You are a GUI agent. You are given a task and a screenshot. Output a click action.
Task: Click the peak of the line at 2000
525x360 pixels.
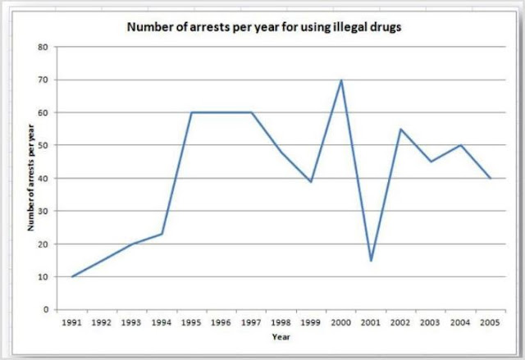click(x=341, y=80)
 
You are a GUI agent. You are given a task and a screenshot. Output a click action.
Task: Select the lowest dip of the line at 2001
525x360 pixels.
click(x=371, y=261)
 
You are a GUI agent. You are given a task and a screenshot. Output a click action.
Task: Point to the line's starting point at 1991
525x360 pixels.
click(x=72, y=276)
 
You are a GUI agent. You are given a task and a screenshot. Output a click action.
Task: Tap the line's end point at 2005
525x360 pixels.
click(x=491, y=178)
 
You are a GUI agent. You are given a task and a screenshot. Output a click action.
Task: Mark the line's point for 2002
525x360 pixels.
click(x=401, y=129)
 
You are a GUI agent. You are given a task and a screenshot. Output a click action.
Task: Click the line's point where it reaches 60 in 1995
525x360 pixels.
click(x=191, y=112)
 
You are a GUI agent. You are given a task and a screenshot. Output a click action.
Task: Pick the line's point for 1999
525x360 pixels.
click(x=311, y=181)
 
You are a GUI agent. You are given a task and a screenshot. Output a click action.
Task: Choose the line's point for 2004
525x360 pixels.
click(x=461, y=145)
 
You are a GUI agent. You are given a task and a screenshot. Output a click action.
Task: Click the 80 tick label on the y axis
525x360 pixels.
click(x=41, y=47)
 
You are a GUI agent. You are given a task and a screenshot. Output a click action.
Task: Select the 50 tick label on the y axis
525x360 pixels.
click(x=41, y=145)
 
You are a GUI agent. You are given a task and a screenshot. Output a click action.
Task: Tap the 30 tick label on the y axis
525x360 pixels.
click(x=41, y=211)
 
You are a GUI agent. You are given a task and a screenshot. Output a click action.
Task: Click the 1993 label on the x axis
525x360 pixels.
click(x=131, y=322)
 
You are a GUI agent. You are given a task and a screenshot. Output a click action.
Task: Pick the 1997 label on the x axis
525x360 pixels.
click(x=251, y=322)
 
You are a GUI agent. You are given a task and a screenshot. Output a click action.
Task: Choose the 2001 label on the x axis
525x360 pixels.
click(x=371, y=322)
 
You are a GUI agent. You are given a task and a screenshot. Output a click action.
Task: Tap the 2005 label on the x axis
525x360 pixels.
click(x=491, y=322)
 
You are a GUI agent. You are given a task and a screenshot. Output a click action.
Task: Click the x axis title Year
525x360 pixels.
click(x=281, y=336)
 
